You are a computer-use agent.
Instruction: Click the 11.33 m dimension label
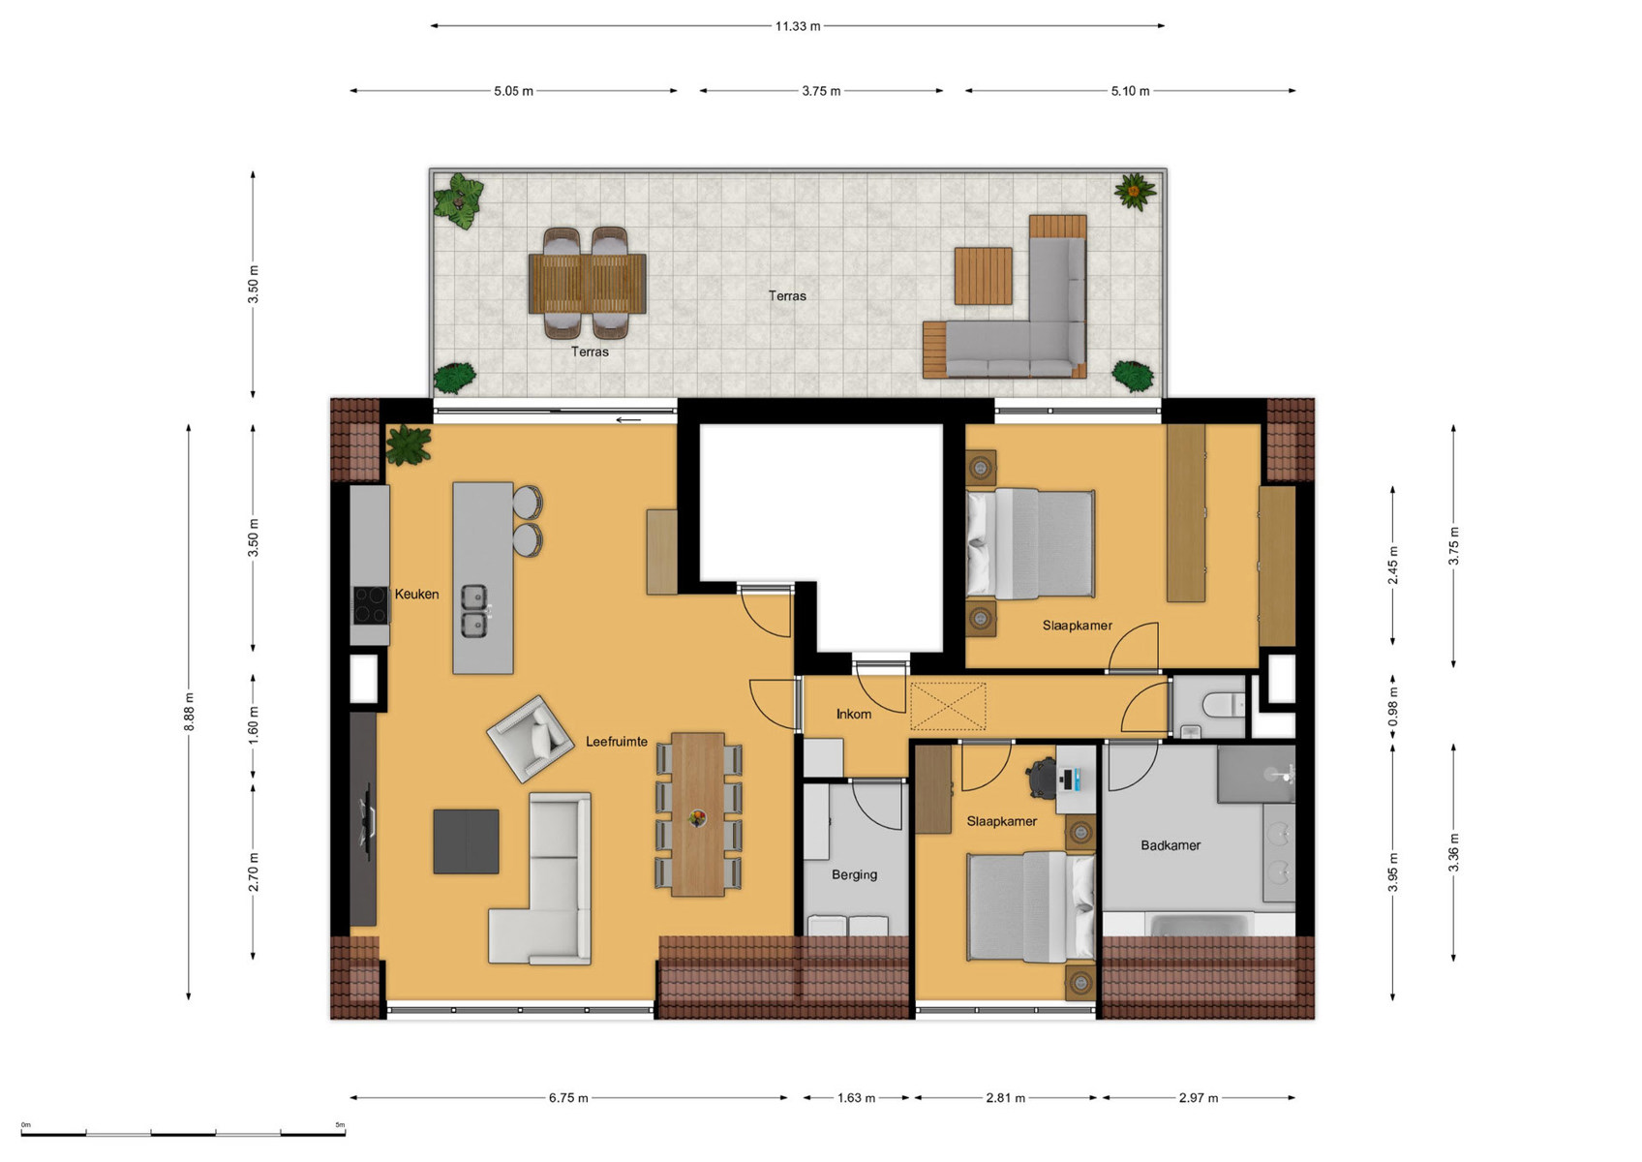[797, 26]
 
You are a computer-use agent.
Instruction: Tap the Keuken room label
[416, 594]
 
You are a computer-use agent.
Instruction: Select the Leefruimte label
[616, 742]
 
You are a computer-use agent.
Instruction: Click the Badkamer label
[1170, 845]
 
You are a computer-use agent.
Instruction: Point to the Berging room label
[854, 874]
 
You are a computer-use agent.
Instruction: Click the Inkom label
[853, 714]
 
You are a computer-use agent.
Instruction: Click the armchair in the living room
[531, 739]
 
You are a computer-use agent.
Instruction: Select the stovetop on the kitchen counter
[370, 605]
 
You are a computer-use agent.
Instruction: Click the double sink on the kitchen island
[473, 611]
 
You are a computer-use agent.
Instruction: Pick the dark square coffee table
[466, 841]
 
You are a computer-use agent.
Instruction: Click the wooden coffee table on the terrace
[983, 276]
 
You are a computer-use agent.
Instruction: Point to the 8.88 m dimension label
[189, 712]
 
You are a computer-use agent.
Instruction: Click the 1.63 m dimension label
[856, 1098]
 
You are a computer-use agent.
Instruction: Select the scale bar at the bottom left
[183, 1132]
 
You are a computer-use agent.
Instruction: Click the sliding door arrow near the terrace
[628, 420]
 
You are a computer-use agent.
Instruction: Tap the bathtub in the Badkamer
[1199, 925]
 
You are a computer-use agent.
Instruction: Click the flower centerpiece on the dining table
[697, 818]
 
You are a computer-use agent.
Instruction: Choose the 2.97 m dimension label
[1199, 1098]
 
